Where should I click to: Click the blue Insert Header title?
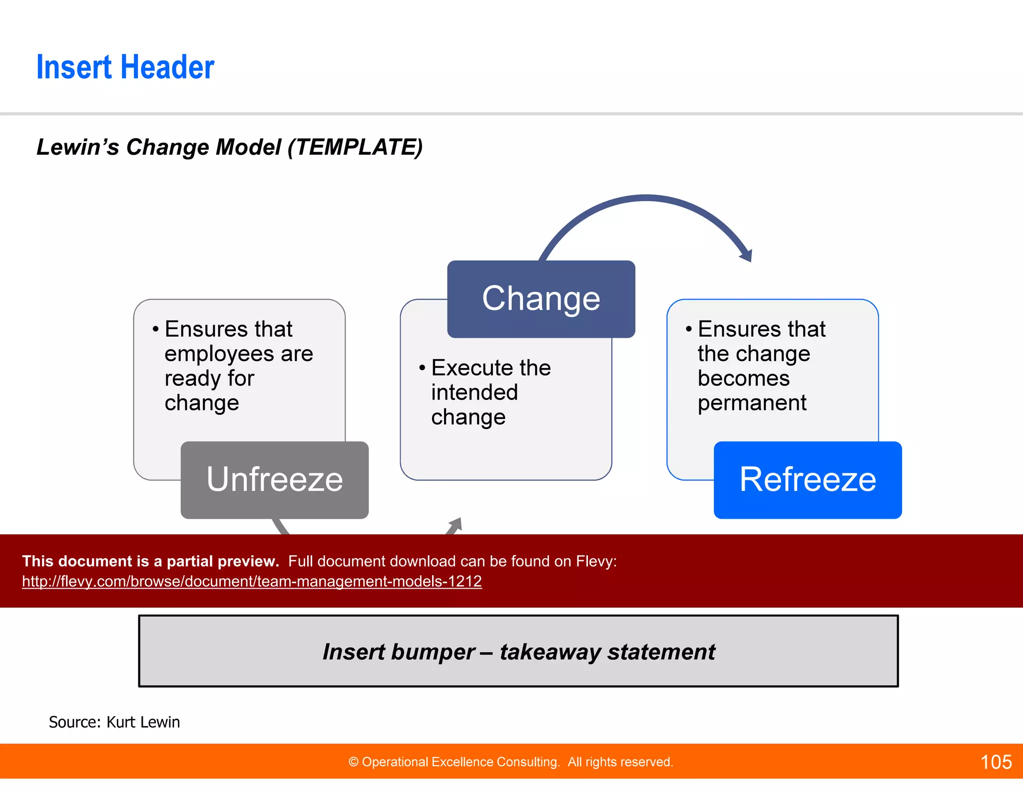coord(125,67)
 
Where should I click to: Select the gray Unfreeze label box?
coord(274,480)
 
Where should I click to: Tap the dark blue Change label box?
coord(541,299)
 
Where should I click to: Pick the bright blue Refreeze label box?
coord(807,480)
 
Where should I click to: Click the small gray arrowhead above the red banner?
coord(456,524)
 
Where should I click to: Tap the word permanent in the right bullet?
coord(752,403)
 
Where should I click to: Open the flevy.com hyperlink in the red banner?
coord(252,581)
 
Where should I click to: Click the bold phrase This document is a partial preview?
coord(150,561)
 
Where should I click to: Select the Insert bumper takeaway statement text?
coord(518,652)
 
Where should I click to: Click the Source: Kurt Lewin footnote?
coord(114,722)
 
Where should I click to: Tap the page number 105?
coord(996,762)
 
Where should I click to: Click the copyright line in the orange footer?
coord(511,762)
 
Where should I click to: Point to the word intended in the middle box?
coord(474,393)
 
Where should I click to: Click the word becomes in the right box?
coord(743,379)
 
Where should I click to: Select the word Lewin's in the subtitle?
coord(77,147)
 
